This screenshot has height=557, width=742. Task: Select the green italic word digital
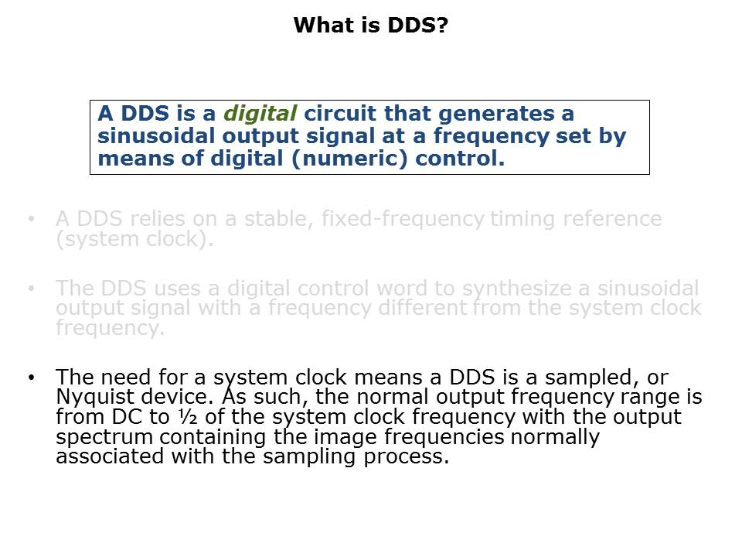click(x=260, y=114)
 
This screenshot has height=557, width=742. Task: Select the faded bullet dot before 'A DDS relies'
click(x=31, y=219)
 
